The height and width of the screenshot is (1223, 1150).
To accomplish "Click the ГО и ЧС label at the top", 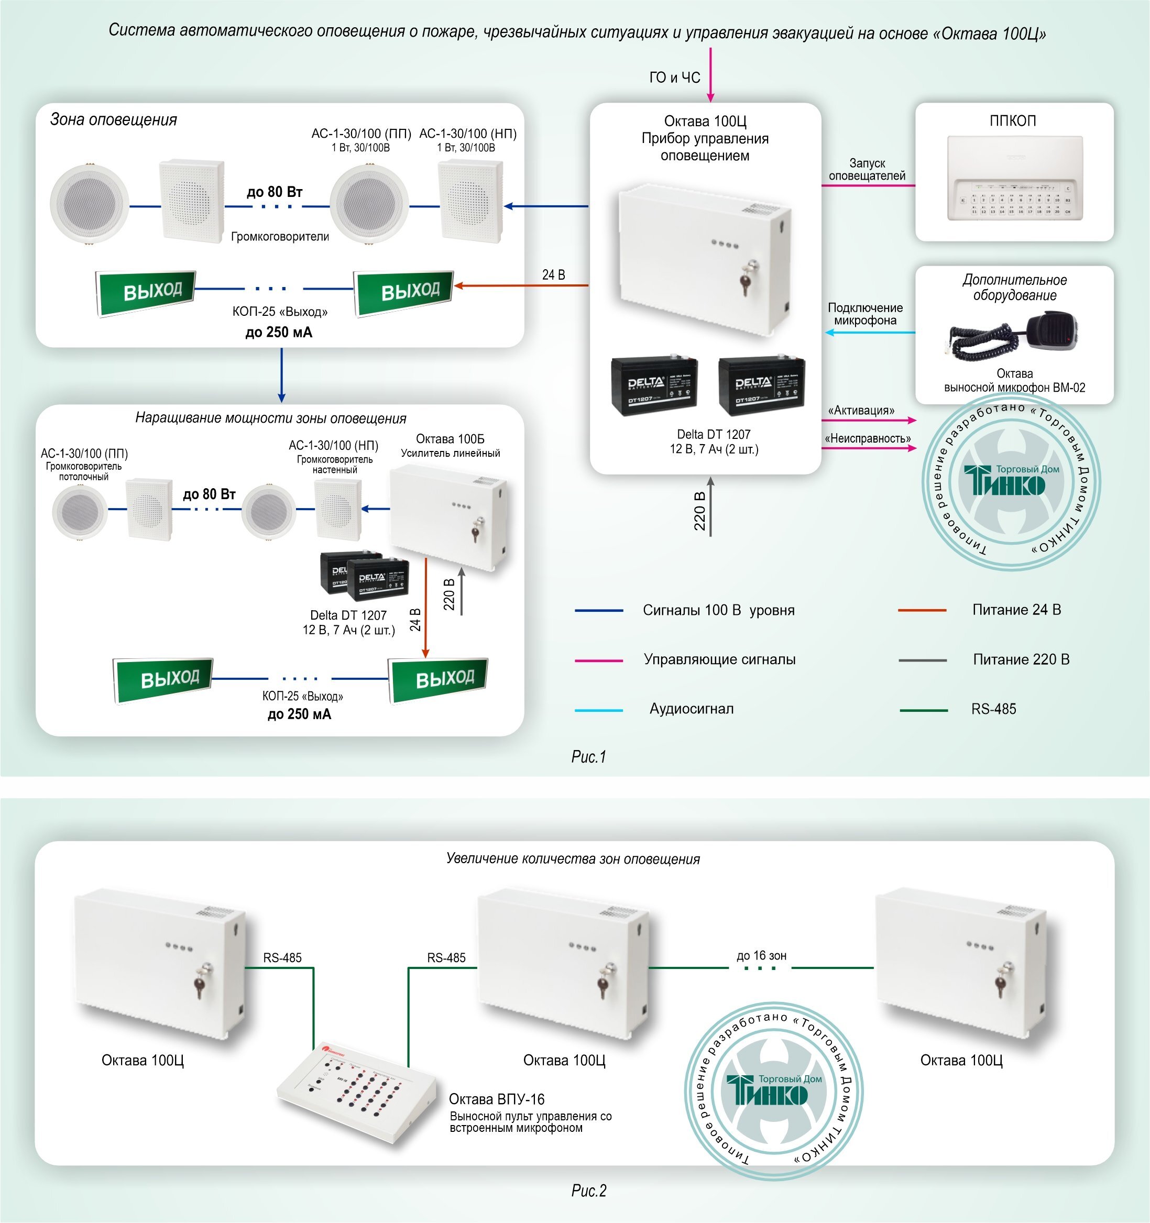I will pyautogui.click(x=674, y=78).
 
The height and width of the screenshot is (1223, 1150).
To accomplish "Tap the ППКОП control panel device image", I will pyautogui.click(x=1014, y=179).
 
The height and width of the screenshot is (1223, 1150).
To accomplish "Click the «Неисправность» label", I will pyautogui.click(x=868, y=438).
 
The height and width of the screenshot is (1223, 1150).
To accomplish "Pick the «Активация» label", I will pyautogui.click(x=861, y=410).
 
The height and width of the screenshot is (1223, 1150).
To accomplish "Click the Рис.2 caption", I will pyautogui.click(x=589, y=1191).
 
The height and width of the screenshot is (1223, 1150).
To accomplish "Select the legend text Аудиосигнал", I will pyautogui.click(x=691, y=709).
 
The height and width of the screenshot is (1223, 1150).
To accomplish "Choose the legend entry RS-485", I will pyautogui.click(x=993, y=709).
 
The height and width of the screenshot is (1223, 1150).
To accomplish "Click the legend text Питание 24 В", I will pyautogui.click(x=1016, y=610).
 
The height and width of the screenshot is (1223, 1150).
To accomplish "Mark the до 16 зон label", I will pyautogui.click(x=761, y=955).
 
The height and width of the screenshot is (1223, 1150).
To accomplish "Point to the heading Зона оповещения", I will pyautogui.click(x=114, y=119).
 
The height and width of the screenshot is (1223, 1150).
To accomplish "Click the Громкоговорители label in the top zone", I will pyautogui.click(x=280, y=237).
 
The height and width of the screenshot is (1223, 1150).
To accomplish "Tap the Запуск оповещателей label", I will pyautogui.click(x=867, y=170).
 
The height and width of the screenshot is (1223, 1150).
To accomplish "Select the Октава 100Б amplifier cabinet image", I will pyautogui.click(x=449, y=517).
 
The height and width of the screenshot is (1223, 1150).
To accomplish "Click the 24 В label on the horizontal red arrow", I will pyautogui.click(x=553, y=275).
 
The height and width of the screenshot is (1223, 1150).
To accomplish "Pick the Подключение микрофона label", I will pyautogui.click(x=865, y=314).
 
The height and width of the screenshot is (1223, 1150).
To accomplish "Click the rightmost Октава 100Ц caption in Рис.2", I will pyautogui.click(x=961, y=1060).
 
